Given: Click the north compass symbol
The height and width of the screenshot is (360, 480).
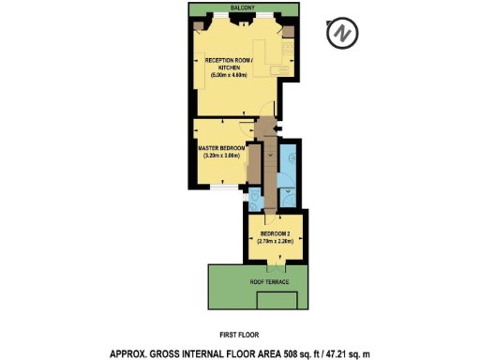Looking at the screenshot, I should click(x=342, y=35).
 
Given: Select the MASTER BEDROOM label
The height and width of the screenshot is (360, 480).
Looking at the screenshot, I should click(x=221, y=148).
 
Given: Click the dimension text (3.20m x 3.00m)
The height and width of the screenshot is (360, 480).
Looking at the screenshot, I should click(x=222, y=157).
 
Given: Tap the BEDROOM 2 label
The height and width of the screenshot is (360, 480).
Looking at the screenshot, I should click(x=275, y=232).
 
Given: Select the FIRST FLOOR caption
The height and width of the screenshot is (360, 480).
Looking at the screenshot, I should click(x=240, y=335).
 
